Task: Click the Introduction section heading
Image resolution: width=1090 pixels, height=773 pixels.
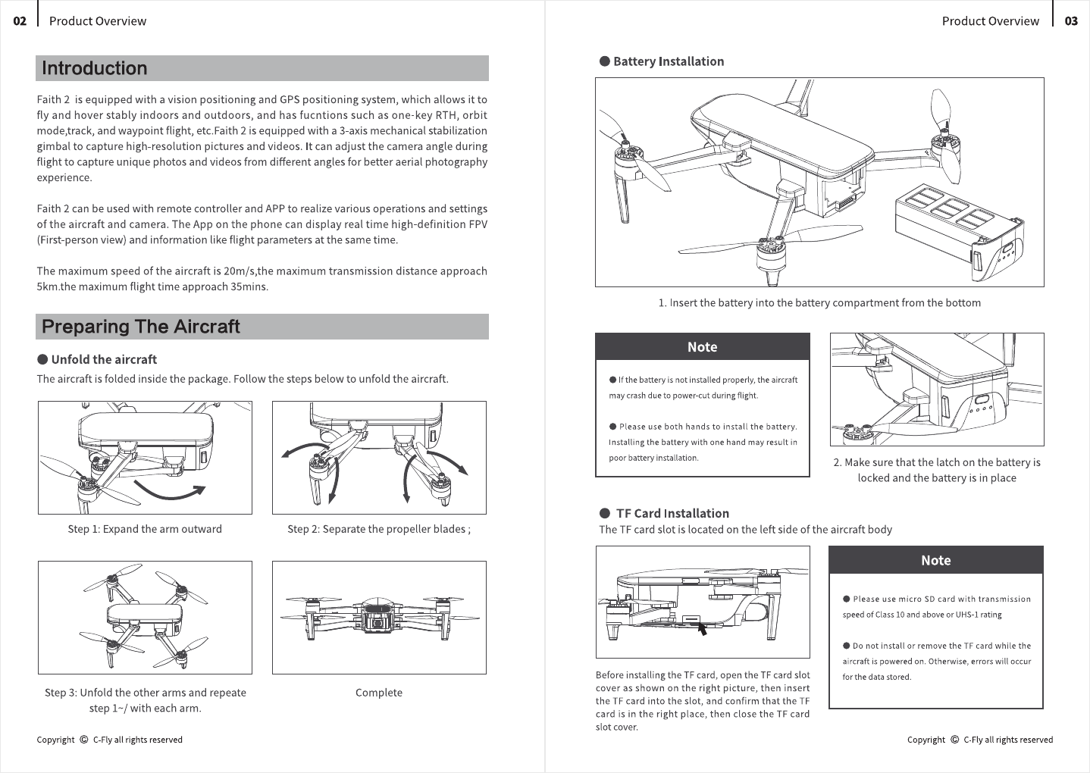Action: (95, 68)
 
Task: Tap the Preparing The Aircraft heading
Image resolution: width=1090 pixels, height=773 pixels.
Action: (141, 327)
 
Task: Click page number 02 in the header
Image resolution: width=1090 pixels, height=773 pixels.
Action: (20, 21)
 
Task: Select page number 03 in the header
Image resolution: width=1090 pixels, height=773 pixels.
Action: (1071, 21)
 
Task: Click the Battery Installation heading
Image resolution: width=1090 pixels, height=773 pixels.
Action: (669, 61)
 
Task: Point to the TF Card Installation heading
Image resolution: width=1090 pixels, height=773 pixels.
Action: (672, 513)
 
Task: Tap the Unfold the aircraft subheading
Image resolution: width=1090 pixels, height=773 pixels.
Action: (104, 359)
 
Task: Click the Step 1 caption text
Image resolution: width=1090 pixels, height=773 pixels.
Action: (145, 529)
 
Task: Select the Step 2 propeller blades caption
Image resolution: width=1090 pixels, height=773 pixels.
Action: (379, 529)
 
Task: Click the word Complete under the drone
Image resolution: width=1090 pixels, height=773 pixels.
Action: (378, 692)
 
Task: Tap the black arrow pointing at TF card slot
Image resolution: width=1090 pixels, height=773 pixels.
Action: (702, 630)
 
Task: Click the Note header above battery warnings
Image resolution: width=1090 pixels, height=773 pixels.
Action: (702, 347)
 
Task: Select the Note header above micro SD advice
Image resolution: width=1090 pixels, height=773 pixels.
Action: (935, 560)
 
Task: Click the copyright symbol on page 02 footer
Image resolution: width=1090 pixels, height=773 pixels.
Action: (83, 740)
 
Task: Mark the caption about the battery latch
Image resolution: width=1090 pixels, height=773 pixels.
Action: (937, 470)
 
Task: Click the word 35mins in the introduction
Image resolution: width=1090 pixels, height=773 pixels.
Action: (249, 286)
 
